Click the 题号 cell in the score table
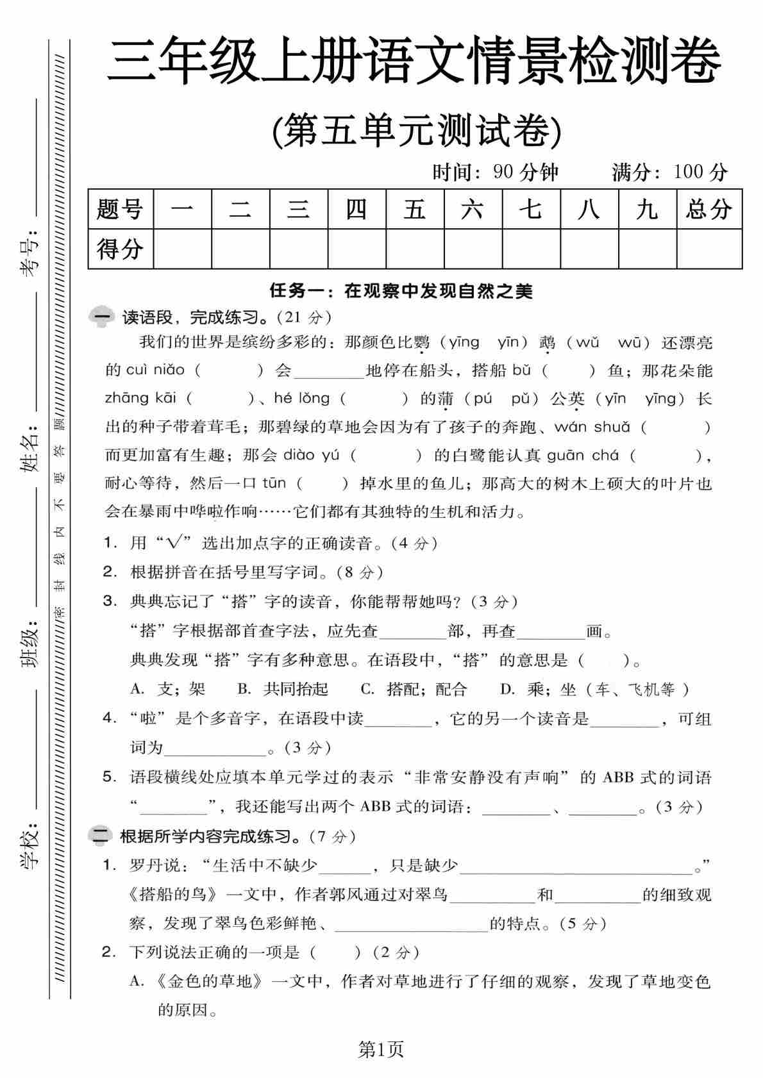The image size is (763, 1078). [121, 210]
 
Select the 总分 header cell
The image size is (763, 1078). [709, 210]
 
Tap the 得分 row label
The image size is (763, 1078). [121, 249]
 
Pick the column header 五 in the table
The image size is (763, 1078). [414, 210]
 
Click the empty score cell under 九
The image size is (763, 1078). [647, 249]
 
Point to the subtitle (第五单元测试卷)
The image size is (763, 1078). [417, 131]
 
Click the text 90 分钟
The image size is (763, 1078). [526, 172]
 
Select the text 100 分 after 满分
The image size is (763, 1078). [700, 172]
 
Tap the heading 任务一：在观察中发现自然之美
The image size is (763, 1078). [401, 291]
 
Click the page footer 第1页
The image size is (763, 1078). [381, 1049]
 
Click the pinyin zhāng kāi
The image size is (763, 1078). [141, 399]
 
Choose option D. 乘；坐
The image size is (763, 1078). [594, 690]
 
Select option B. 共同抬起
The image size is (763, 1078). [283, 690]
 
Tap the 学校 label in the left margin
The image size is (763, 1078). [29, 844]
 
